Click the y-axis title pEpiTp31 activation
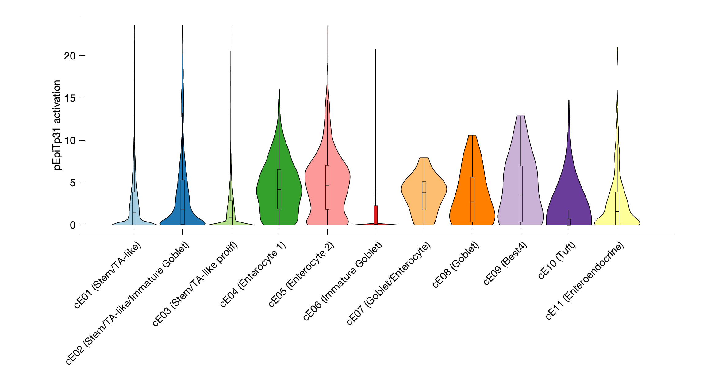(x=57, y=125)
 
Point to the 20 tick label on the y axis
(x=70, y=56)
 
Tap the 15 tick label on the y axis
(x=70, y=98)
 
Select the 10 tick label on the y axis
(x=70, y=141)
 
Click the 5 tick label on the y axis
(x=72, y=183)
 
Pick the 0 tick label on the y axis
(x=72, y=225)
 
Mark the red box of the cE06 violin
(x=376, y=214)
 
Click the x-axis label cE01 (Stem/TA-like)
(x=108, y=275)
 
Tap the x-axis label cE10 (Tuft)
(x=557, y=260)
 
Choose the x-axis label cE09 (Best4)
(x=505, y=263)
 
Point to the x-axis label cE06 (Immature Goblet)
(x=343, y=281)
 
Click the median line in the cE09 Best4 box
(x=521, y=195)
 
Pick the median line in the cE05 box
(x=327, y=185)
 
